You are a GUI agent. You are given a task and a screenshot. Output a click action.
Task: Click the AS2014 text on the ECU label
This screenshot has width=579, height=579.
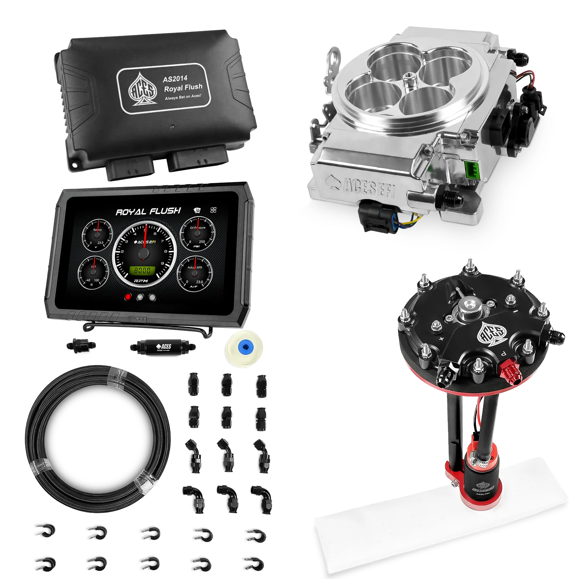[x=175, y=79]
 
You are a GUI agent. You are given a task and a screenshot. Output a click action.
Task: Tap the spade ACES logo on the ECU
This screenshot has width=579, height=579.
[x=143, y=89]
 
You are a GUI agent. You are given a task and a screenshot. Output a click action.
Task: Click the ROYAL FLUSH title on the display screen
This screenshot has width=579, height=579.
[x=148, y=212]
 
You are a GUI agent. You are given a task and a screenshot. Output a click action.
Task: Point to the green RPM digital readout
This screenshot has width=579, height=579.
[x=143, y=271]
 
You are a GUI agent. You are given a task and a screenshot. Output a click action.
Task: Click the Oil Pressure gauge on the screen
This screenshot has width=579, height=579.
[x=198, y=233]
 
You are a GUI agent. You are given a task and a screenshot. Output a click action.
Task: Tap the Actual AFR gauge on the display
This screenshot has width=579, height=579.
[x=195, y=274]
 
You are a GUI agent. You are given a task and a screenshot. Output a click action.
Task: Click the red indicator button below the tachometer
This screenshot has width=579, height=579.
[x=128, y=297]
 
